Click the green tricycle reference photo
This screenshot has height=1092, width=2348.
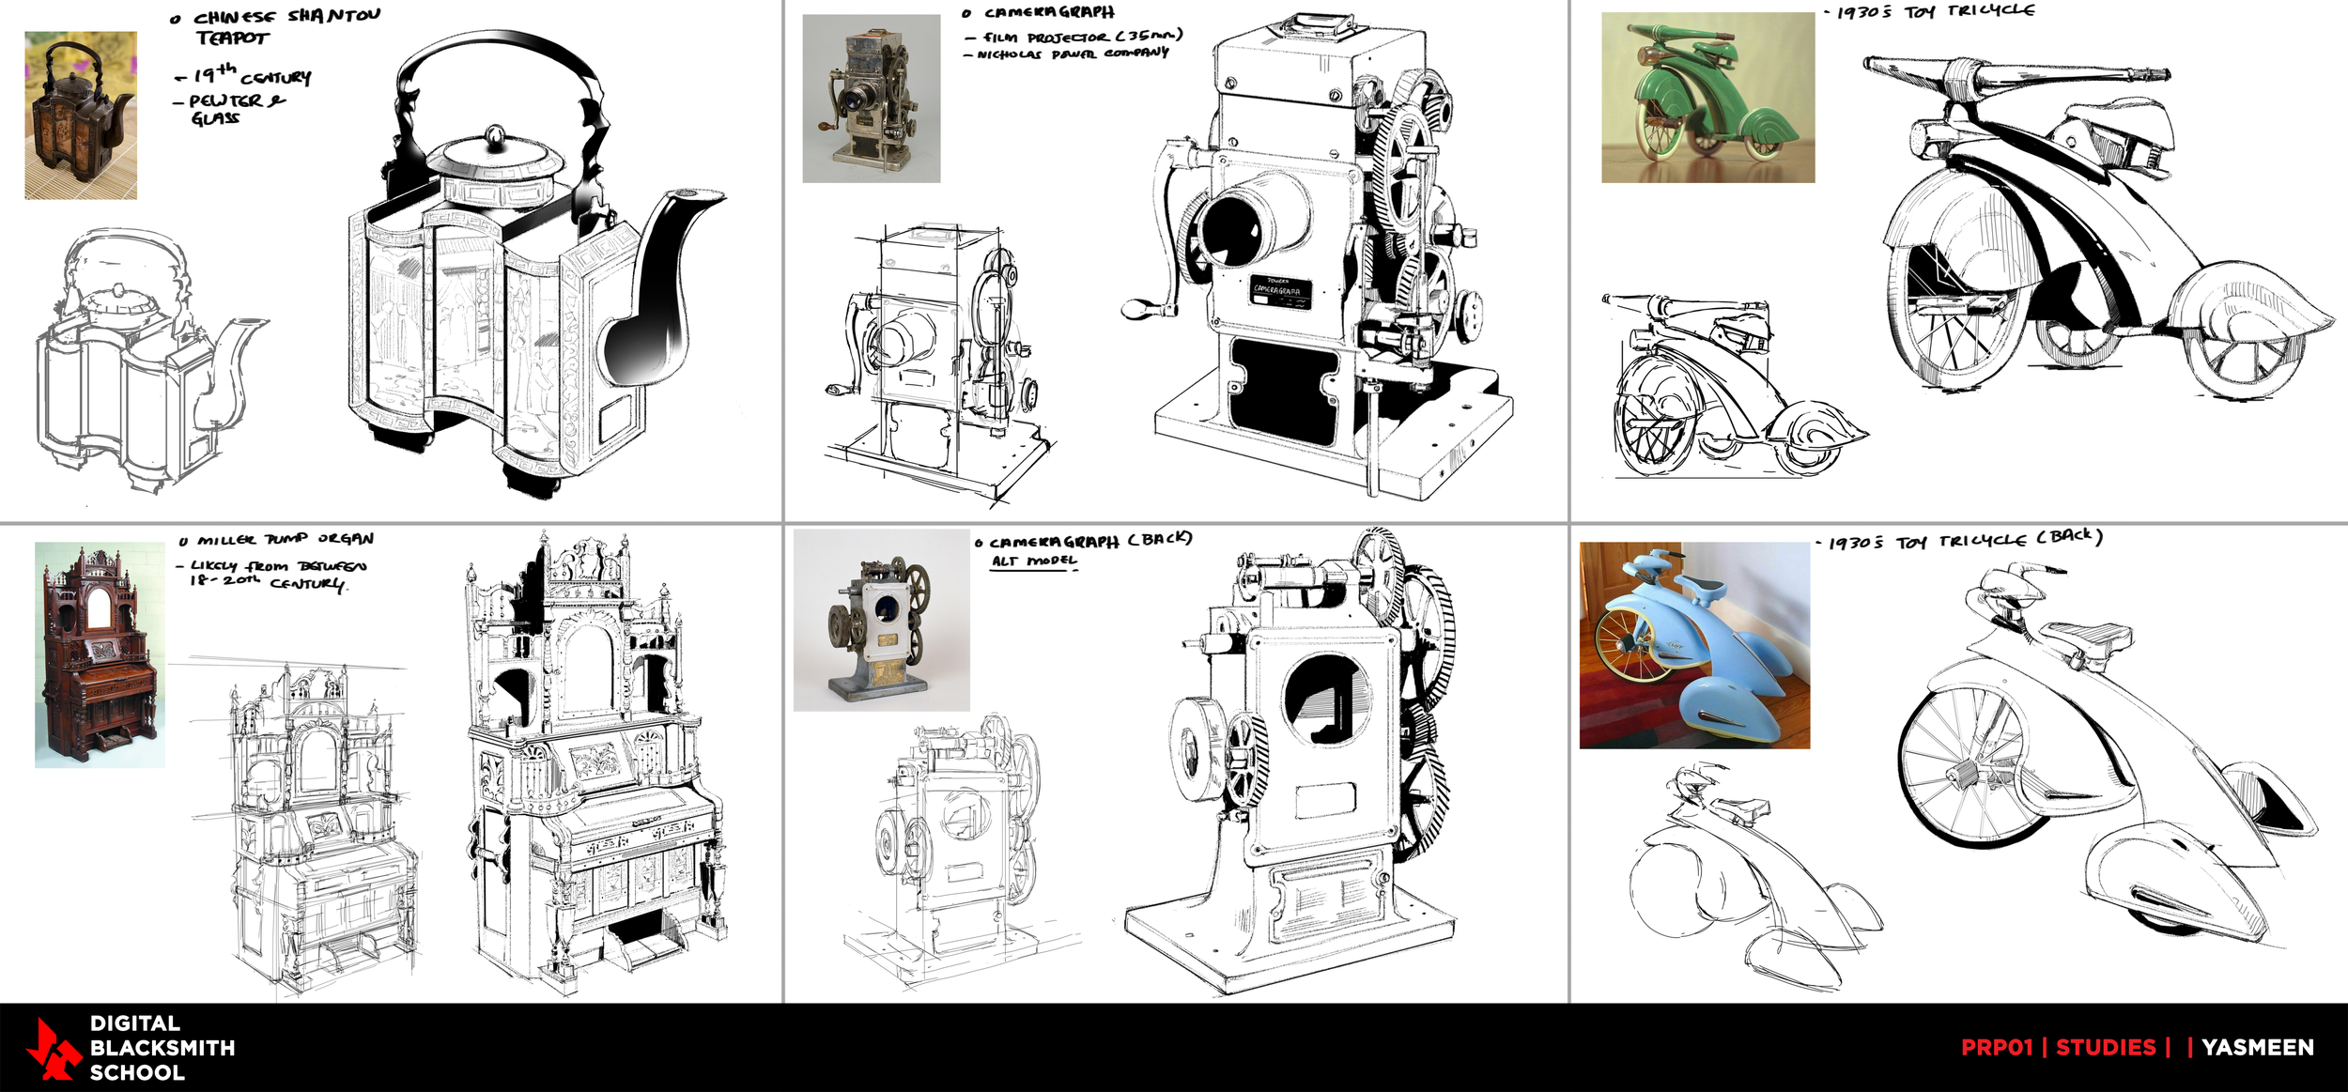[1707, 97]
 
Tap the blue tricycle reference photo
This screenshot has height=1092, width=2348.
[1694, 645]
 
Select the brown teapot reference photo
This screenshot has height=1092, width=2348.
[81, 115]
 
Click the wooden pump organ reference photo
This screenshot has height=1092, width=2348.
[100, 654]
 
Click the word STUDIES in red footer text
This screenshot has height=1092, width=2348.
[2106, 1047]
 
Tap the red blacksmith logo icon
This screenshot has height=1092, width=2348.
[52, 1048]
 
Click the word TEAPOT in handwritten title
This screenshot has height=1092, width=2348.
[232, 38]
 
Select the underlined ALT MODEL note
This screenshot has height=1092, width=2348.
[1034, 561]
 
